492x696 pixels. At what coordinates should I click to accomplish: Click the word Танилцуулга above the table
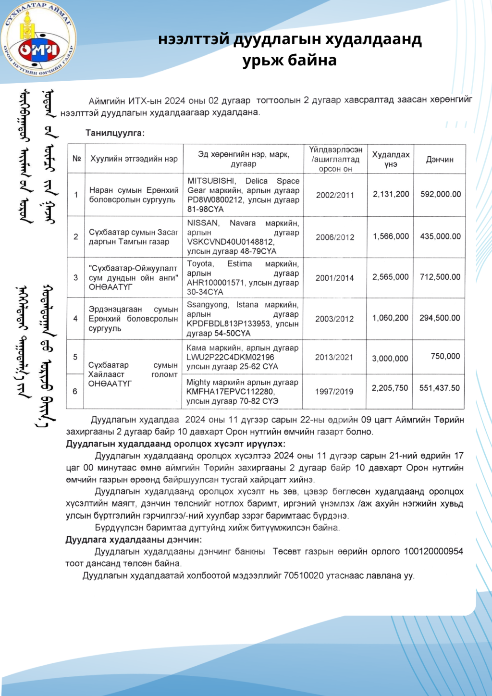click(115, 133)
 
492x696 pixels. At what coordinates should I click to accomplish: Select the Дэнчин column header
click(440, 160)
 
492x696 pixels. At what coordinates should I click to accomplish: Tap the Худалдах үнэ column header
click(391, 160)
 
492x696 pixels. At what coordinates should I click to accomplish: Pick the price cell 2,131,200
click(391, 194)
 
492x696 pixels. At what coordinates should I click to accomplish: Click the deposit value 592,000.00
click(441, 194)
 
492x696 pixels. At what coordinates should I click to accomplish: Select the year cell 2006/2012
click(335, 237)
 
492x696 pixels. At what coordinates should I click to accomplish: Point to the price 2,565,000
click(390, 277)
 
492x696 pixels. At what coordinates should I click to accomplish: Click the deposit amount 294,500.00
click(440, 318)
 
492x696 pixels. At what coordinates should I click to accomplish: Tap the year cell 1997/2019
click(334, 392)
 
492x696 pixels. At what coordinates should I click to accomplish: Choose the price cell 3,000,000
click(390, 359)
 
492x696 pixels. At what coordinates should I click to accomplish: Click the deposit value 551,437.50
click(439, 388)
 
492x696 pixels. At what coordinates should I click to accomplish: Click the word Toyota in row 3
click(200, 264)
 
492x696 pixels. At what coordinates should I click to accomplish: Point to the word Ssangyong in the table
click(207, 305)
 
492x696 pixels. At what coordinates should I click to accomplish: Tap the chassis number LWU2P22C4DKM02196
click(230, 357)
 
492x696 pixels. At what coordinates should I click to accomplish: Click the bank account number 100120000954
click(433, 551)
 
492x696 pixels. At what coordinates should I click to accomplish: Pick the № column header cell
click(76, 159)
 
